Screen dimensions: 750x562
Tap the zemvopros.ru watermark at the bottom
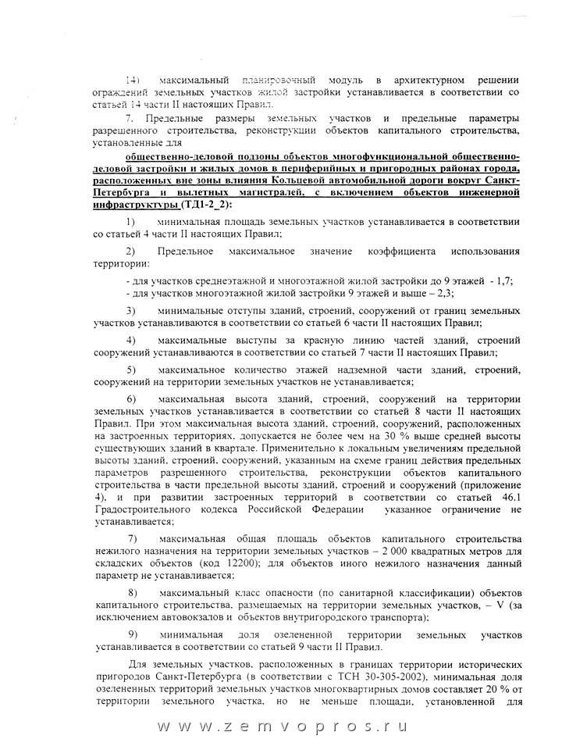[x=281, y=725]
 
